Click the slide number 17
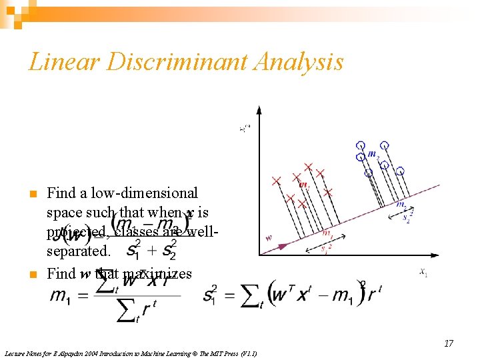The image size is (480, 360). pyautogui.click(x=449, y=343)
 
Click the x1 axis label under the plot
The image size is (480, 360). pyautogui.click(x=423, y=271)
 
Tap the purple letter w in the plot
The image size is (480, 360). pyautogui.click(x=268, y=237)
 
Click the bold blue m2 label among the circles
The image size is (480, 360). pyautogui.click(x=373, y=155)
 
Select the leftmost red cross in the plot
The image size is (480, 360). pyautogui.click(x=276, y=179)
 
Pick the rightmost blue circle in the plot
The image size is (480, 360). pyautogui.click(x=400, y=171)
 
